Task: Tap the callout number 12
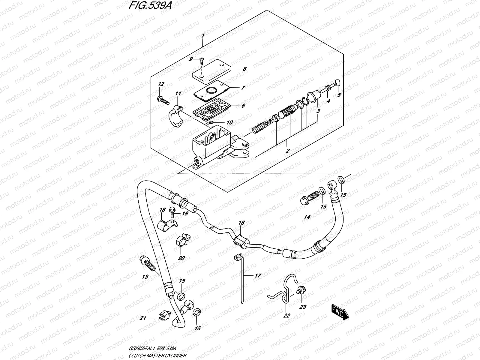(x=161, y=84)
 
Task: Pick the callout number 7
(x=243, y=88)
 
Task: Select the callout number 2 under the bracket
(x=287, y=151)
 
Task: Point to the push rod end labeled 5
(x=337, y=82)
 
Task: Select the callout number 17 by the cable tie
(x=258, y=275)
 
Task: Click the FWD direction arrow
(x=340, y=311)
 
